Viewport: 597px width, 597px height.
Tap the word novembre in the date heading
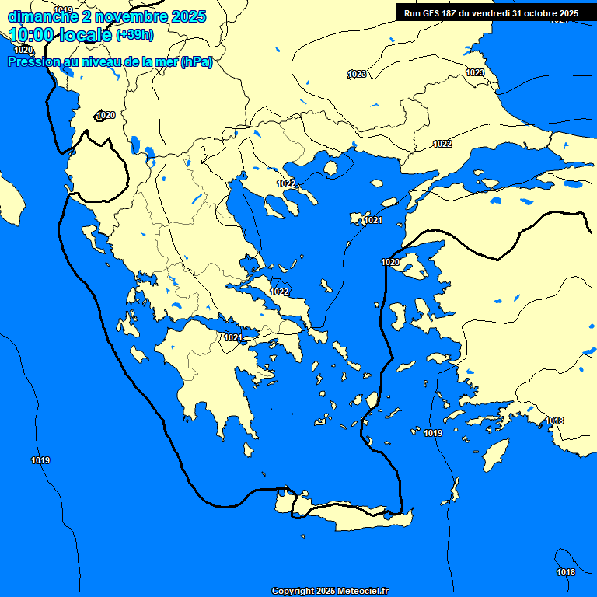tap(127, 16)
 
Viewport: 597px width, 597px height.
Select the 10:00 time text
tap(32, 34)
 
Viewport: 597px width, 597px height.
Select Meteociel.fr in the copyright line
tap(363, 592)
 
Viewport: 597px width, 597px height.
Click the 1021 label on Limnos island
tap(373, 221)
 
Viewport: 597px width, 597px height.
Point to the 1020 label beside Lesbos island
tap(390, 262)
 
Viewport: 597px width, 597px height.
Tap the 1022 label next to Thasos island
tap(286, 183)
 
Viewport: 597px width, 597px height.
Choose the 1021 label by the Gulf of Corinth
tap(232, 337)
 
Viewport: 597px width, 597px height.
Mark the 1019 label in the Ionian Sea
tap(40, 461)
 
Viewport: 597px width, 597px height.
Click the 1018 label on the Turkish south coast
tap(554, 421)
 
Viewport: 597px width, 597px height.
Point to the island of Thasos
tap(330, 168)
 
